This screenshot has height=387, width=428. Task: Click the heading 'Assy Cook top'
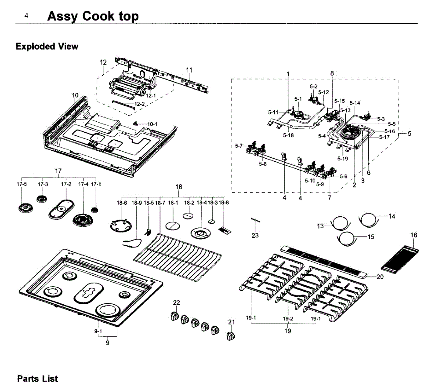click(x=93, y=16)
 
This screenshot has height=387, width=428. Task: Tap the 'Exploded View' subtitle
click(x=47, y=46)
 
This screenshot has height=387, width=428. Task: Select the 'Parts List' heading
click(x=37, y=378)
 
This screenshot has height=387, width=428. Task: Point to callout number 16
click(x=413, y=235)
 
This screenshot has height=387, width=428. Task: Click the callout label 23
click(x=255, y=235)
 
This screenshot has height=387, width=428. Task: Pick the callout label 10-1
click(x=152, y=124)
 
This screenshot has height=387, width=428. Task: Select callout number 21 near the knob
click(x=231, y=322)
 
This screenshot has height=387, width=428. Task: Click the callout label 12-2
click(x=139, y=104)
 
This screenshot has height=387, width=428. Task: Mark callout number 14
click(x=392, y=216)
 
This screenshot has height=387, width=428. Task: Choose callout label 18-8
click(x=224, y=203)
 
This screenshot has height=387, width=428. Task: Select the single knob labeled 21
click(x=231, y=336)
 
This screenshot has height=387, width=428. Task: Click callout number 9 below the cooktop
click(x=107, y=343)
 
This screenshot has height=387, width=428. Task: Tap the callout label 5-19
click(x=342, y=159)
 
